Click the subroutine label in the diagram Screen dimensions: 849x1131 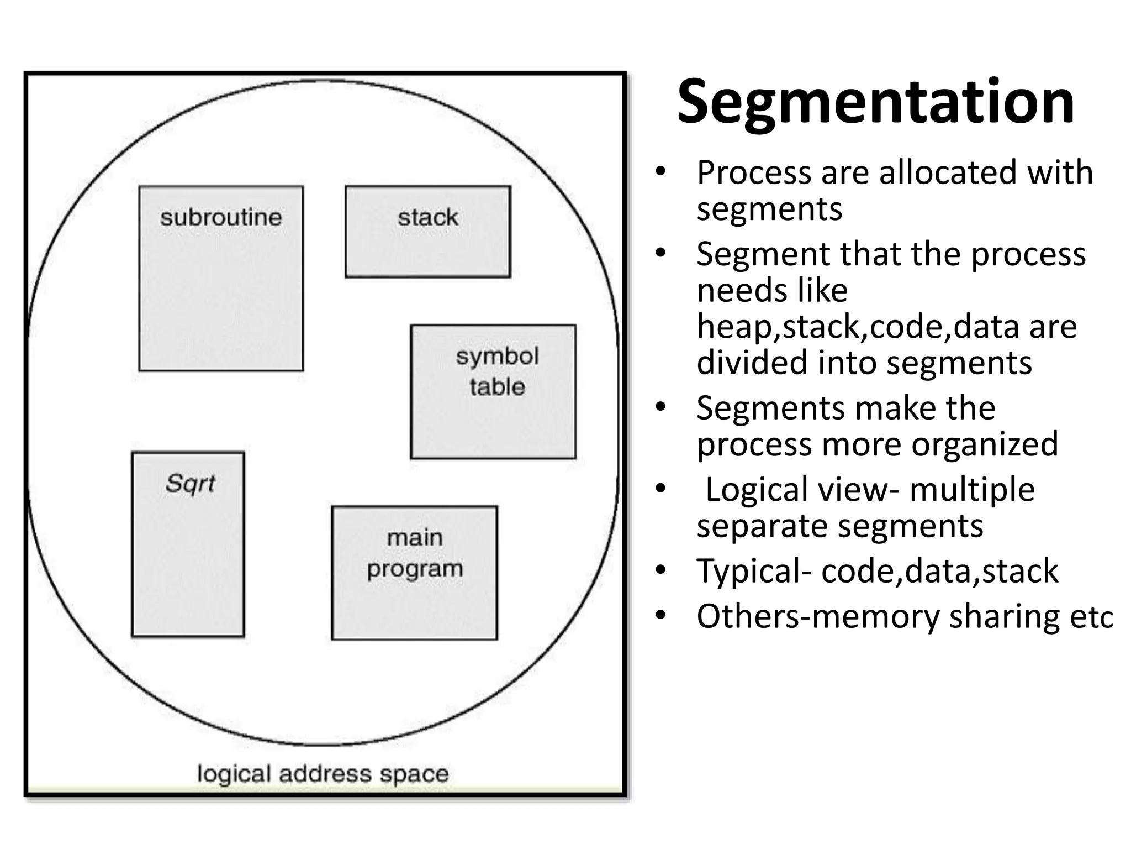point(221,217)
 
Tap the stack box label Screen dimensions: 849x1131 point(428,217)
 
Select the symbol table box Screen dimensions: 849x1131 point(493,391)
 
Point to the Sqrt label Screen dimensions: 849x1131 point(190,484)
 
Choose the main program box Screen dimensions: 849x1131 point(414,573)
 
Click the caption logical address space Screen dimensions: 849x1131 point(323,773)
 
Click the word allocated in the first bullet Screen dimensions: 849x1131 point(948,172)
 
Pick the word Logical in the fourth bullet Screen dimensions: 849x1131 point(759,490)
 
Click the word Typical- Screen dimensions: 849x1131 point(754,571)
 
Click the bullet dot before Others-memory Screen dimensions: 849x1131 point(661,615)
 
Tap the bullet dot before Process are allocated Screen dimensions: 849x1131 point(661,172)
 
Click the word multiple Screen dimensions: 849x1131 point(972,490)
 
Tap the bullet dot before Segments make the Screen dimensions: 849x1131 point(661,407)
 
